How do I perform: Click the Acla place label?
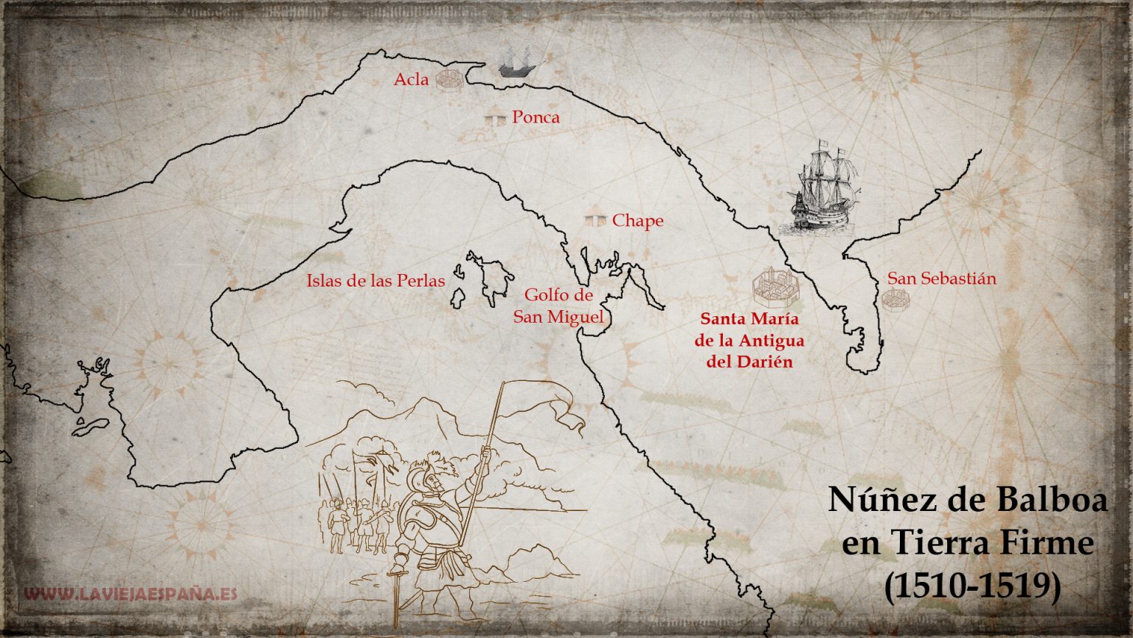411,80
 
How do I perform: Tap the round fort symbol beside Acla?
449,80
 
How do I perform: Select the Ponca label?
536,117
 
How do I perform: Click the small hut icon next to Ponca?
495,117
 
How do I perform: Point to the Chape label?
637,220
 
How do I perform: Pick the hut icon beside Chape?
595,220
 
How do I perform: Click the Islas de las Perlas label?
375,281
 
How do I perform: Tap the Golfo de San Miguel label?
558,306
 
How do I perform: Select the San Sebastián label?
941,278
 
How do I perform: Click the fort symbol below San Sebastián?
894,299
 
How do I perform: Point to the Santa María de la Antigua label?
749,340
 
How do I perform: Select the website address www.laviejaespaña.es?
131,594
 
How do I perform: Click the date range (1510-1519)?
972,586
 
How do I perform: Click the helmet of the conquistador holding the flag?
423,473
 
